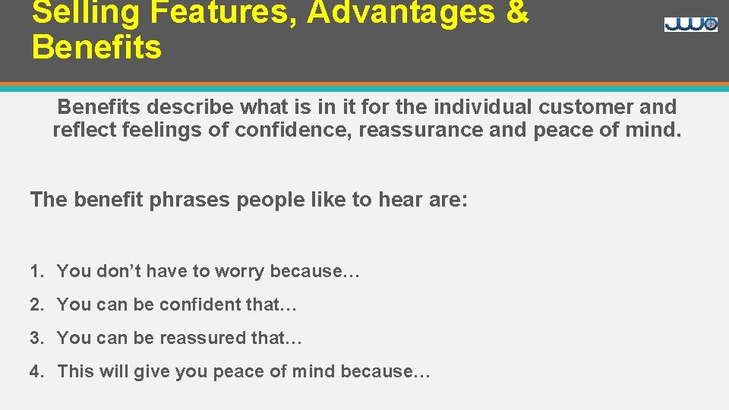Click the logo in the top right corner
(x=690, y=24)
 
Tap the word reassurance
(x=421, y=130)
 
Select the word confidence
(x=293, y=130)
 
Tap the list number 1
(x=35, y=271)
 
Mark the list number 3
(x=35, y=338)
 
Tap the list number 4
(x=35, y=371)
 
